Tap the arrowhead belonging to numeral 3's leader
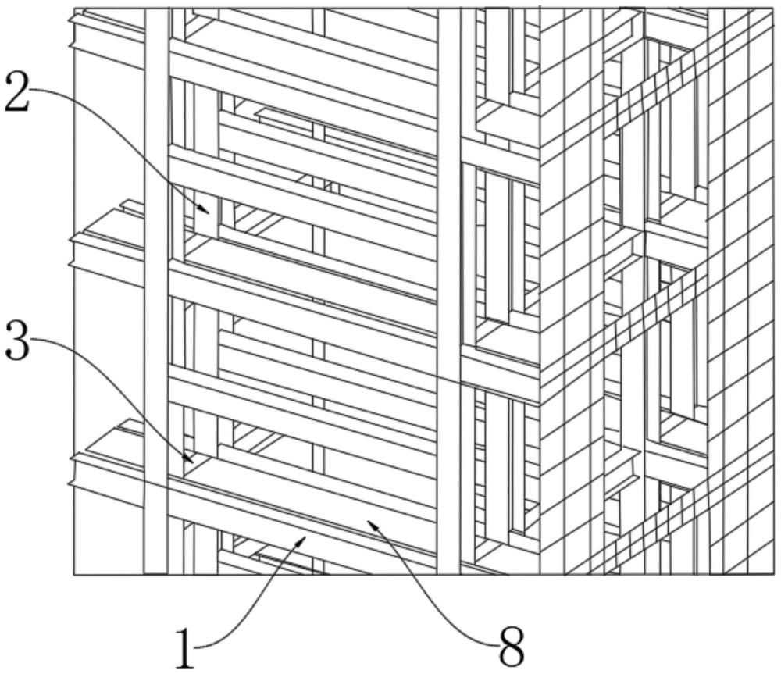tap(187, 458)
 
